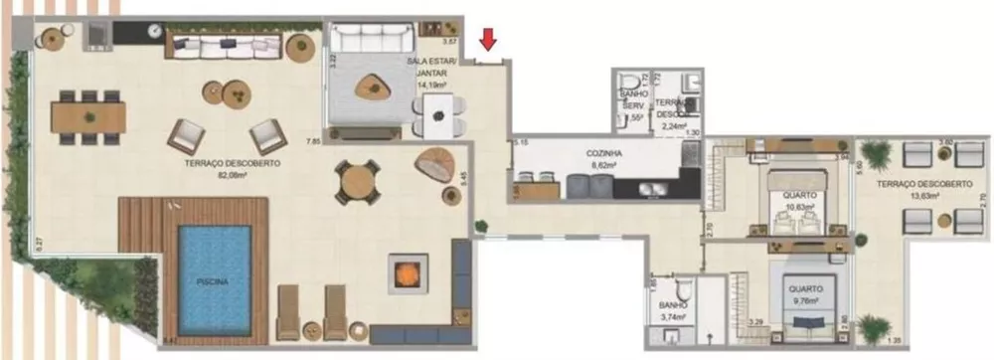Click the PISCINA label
click(x=213, y=281)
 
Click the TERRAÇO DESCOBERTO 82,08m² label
click(x=232, y=167)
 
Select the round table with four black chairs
click(x=356, y=180)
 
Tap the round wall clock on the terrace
click(x=155, y=31)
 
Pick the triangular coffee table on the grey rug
click(x=374, y=88)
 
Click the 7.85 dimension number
click(x=314, y=142)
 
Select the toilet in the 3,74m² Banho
click(x=673, y=286)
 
